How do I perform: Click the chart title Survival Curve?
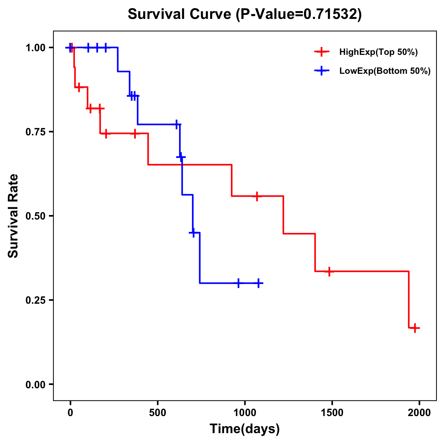(x=244, y=14)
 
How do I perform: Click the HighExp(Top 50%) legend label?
(x=378, y=52)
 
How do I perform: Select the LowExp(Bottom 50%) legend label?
(x=385, y=71)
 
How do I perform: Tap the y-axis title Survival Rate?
(x=13, y=215)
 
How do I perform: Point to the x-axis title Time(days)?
(x=245, y=429)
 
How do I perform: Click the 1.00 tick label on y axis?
(x=36, y=48)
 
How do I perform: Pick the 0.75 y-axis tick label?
(x=36, y=132)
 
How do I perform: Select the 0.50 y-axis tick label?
(x=36, y=216)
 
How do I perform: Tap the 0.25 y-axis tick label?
(x=36, y=300)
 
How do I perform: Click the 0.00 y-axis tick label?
(x=36, y=385)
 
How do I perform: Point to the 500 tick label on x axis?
(x=158, y=413)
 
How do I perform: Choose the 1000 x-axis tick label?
(x=245, y=413)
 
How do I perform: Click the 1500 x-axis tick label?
(x=332, y=413)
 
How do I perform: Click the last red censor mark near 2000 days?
(x=415, y=328)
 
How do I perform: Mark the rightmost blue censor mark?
(x=258, y=283)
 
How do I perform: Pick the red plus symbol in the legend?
(x=322, y=52)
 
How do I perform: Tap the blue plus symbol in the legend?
(x=322, y=71)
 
